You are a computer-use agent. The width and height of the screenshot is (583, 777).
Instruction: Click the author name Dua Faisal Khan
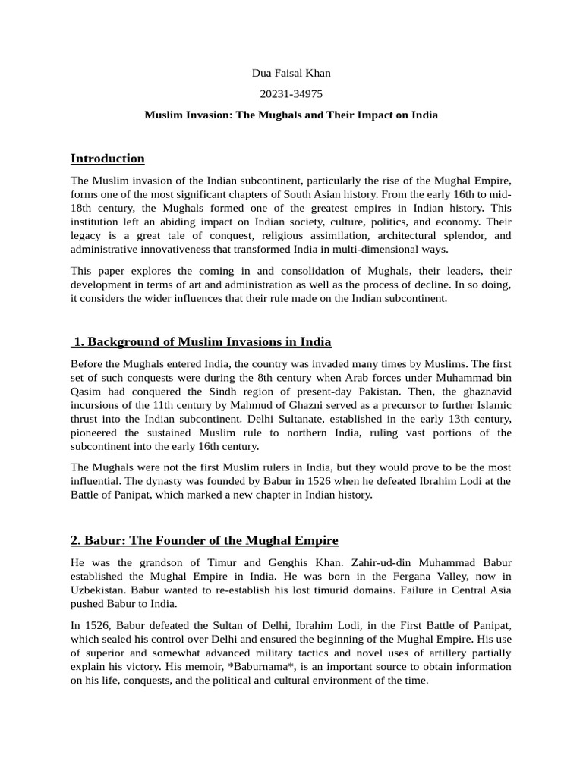291,73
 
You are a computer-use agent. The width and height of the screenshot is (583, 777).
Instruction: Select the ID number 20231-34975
291,94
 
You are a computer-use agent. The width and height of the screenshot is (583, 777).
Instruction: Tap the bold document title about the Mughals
291,115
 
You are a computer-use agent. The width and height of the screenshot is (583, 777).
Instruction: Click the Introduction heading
107,159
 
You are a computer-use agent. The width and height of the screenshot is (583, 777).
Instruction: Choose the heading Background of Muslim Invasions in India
202,341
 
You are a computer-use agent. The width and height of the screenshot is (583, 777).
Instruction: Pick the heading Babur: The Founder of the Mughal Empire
204,540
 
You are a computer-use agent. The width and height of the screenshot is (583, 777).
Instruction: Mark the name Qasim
86,391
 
